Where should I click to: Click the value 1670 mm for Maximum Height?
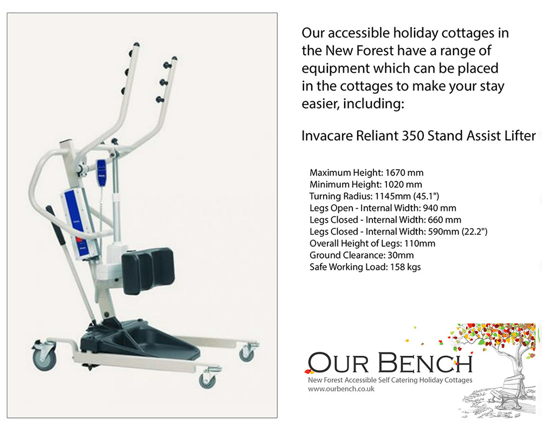coord(404,172)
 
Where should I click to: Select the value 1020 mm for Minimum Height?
coord(403,184)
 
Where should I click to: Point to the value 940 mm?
coord(440,208)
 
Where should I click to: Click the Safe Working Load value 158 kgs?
coord(405,267)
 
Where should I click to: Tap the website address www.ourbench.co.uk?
coord(341,389)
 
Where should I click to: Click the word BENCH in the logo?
coord(425,363)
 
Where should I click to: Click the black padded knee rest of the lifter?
coord(148,270)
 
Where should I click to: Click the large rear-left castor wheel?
coord(44,358)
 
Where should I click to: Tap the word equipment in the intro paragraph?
coord(335,69)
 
